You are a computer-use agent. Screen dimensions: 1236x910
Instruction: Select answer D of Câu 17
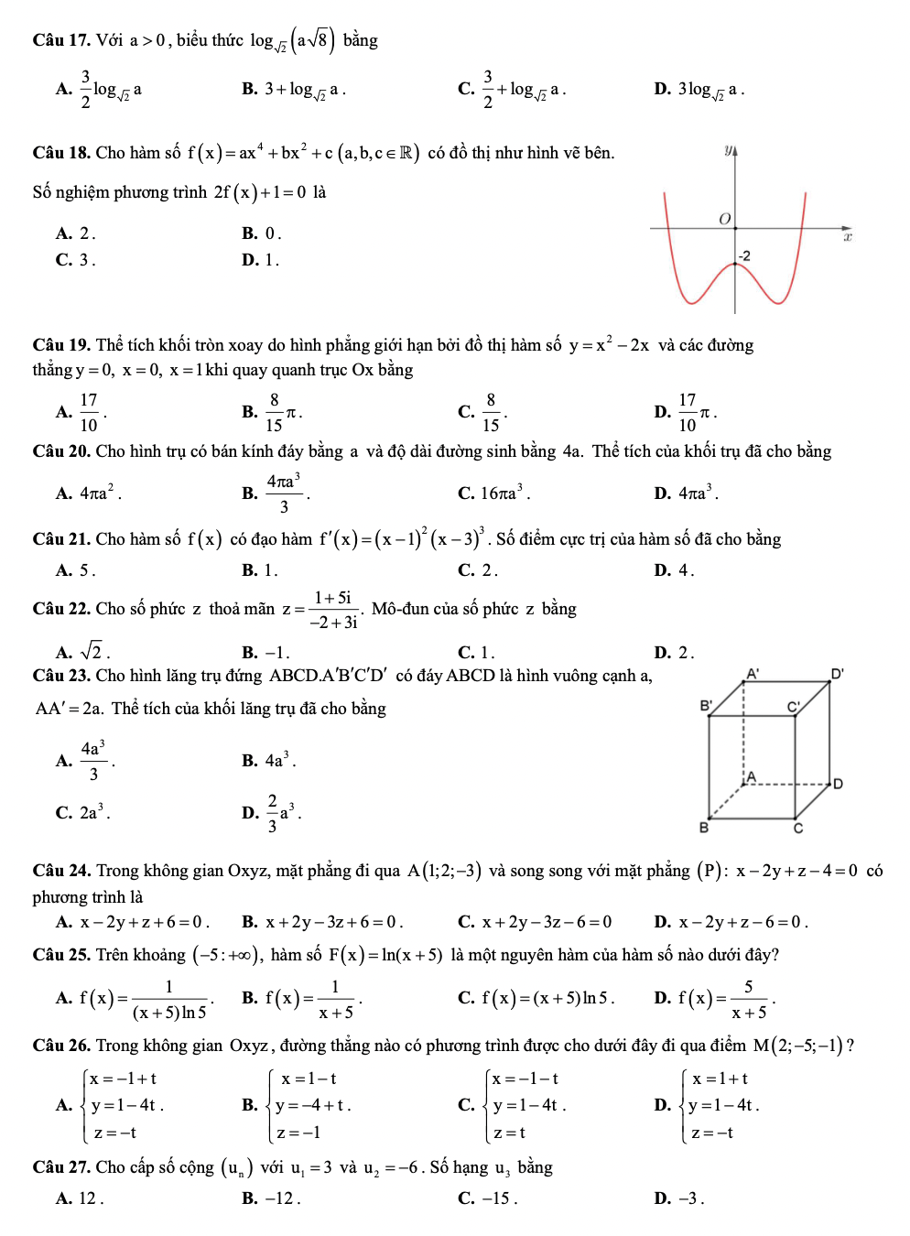pos(699,90)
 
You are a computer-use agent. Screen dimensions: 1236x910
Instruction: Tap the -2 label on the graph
pos(744,255)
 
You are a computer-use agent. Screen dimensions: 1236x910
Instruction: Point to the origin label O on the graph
pos(724,219)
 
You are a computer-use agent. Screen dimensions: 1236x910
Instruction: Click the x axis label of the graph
pos(848,237)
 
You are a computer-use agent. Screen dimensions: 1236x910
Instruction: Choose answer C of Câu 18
pos(75,260)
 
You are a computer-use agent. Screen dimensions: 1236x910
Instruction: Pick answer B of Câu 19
pos(272,412)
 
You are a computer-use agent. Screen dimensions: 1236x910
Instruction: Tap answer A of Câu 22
pos(82,652)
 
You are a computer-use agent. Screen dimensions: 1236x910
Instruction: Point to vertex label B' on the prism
pos(706,706)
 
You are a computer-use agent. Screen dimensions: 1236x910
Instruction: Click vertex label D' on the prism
pos(837,674)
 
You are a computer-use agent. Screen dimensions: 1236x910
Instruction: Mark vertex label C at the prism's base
pos(797,829)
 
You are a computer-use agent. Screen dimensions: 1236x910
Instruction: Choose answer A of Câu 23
pos(85,760)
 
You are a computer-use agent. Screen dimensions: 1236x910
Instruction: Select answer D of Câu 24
pos(731,922)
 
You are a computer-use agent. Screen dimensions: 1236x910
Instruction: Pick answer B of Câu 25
pos(302,998)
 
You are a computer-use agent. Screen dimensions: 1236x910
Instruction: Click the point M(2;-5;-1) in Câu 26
pos(797,1046)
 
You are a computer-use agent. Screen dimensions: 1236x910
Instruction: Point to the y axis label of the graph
pos(730,149)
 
